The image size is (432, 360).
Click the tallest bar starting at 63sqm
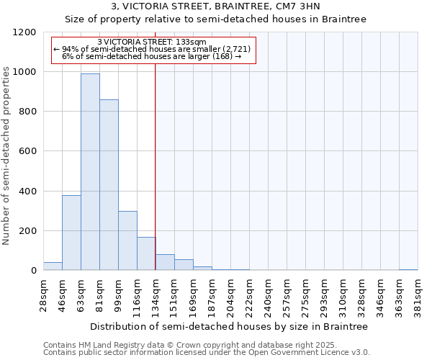pos(90,172)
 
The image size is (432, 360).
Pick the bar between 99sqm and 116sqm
pos(127,240)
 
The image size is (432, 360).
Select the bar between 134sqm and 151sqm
pos(165,262)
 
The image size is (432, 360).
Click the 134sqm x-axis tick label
pos(156,294)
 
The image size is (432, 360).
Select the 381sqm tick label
pos(418,294)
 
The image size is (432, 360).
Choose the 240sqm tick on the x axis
pos(268,294)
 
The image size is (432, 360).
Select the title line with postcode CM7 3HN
pos(216,6)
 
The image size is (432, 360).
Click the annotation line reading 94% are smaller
pos(152,49)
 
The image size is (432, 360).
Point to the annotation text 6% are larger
pos(152,56)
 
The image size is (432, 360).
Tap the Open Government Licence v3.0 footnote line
pos(207,352)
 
